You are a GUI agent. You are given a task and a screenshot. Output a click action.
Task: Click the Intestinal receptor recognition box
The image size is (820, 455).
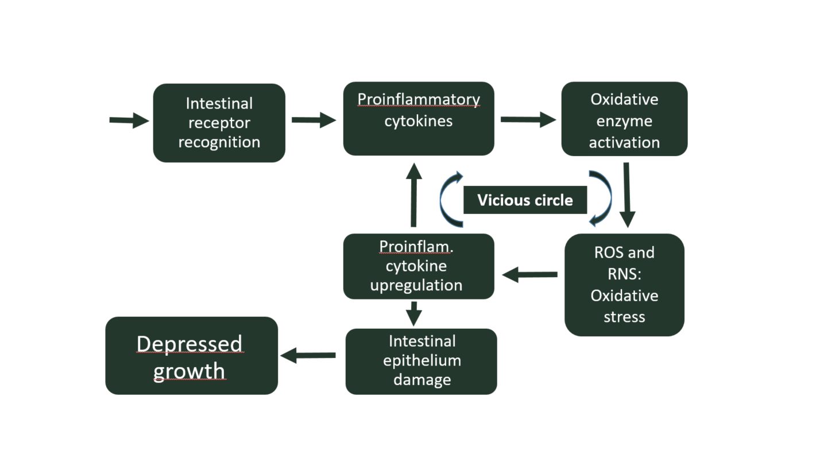click(x=219, y=123)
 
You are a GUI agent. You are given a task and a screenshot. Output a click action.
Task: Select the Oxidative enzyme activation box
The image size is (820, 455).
click(x=624, y=119)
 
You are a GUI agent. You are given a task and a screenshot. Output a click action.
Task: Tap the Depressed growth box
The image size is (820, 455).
click(x=191, y=356)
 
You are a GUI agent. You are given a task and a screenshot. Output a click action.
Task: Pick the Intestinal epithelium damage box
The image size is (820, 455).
click(x=421, y=361)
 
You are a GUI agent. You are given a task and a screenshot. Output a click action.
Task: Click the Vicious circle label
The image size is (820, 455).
click(x=525, y=200)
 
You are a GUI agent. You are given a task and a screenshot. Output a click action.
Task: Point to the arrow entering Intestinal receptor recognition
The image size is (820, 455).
click(x=129, y=120)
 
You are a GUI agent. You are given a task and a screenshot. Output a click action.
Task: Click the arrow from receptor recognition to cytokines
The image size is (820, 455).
click(x=314, y=120)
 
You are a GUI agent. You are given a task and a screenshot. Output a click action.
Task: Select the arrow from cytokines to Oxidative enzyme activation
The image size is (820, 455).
click(x=528, y=119)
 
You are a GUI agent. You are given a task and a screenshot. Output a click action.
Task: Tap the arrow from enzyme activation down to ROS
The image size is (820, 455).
click(x=627, y=195)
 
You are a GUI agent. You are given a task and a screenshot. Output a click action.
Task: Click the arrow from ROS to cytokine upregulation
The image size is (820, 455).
click(x=529, y=274)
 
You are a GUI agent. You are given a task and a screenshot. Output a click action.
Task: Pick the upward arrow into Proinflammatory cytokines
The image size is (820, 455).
click(x=414, y=195)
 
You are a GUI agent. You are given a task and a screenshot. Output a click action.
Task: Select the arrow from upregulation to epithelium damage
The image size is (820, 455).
click(x=414, y=314)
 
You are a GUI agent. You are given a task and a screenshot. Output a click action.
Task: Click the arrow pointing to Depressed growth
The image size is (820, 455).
click(x=308, y=355)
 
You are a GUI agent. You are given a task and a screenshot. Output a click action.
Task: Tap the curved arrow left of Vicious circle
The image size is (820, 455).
click(x=441, y=199)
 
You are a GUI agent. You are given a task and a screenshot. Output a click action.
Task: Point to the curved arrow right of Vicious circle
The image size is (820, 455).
click(x=609, y=199)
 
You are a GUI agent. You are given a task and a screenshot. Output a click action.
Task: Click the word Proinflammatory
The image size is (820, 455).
click(x=419, y=99)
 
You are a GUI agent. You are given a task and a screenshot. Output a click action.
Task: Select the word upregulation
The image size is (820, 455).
click(x=416, y=286)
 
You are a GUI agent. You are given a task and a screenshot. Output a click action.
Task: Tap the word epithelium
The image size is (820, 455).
click(x=422, y=361)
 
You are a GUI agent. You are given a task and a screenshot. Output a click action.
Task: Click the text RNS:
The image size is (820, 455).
click(x=624, y=274)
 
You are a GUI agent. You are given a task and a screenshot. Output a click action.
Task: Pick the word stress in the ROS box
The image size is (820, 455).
click(x=624, y=317)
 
